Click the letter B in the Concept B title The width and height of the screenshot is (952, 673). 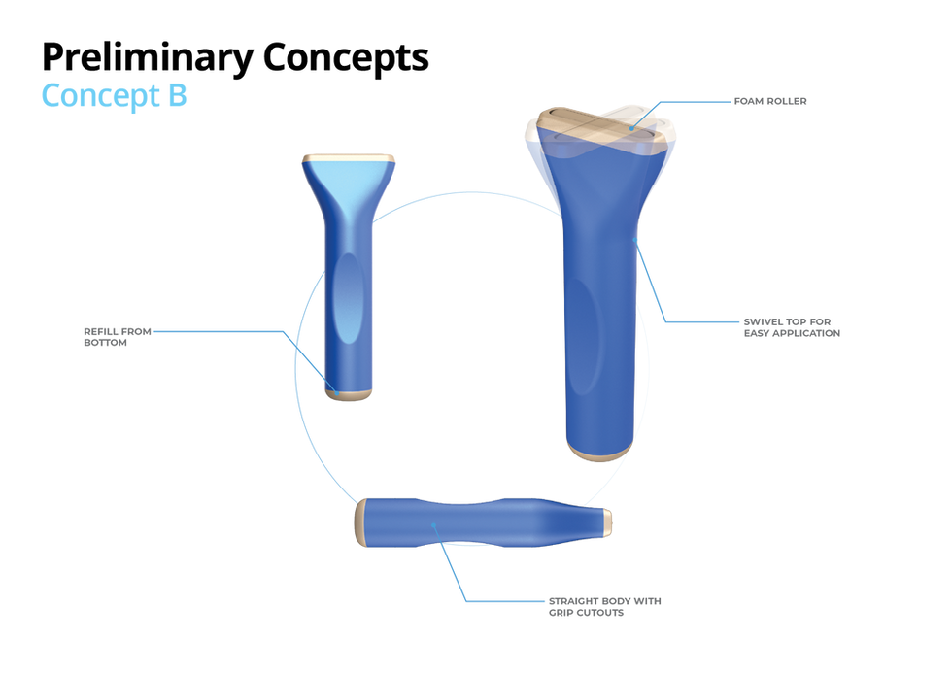(177, 95)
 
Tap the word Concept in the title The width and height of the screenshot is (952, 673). (98, 95)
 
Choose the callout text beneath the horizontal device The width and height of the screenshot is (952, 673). (602, 608)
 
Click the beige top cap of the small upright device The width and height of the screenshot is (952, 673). (348, 156)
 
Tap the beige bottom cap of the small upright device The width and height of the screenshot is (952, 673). (349, 394)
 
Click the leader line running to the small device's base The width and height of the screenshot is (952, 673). (233, 331)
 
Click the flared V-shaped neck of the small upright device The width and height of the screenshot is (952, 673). (348, 194)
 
